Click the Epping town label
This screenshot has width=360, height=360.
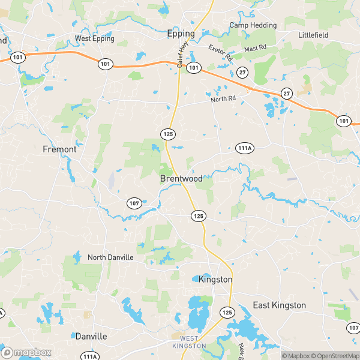[181, 34]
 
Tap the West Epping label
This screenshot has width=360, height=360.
[95, 39]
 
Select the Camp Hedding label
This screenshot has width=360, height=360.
[253, 25]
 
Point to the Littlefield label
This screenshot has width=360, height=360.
[313, 35]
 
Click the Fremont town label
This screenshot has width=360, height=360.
[59, 149]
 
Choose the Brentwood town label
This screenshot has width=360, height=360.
[181, 179]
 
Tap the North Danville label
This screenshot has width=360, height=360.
[110, 257]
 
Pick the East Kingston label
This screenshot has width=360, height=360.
[279, 305]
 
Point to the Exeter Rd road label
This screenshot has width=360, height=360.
[220, 53]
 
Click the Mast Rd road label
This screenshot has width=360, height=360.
[254, 47]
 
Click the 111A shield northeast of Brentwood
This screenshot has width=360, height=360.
[244, 148]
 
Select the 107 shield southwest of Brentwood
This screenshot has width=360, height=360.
[134, 203]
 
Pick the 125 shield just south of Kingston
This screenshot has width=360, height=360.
[227, 313]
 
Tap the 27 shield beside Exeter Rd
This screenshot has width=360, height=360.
[242, 72]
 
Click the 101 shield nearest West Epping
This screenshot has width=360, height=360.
[106, 64]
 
